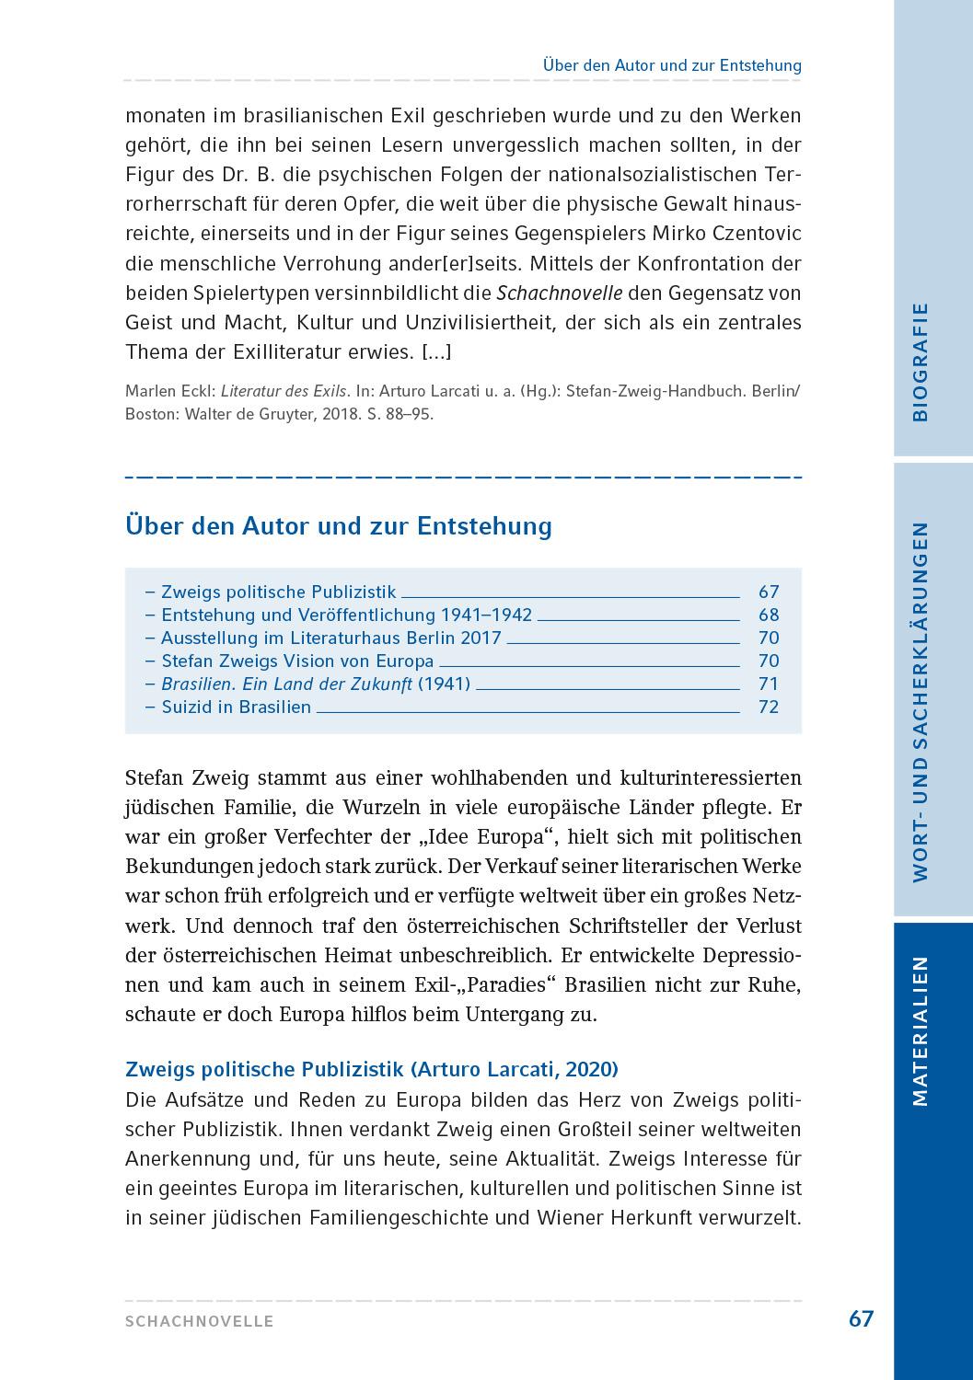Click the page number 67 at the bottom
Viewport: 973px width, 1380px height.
coord(860,1318)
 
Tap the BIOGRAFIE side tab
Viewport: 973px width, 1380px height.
coord(920,362)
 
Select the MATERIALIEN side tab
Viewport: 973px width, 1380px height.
coord(920,1030)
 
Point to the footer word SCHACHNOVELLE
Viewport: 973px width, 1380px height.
coord(200,1321)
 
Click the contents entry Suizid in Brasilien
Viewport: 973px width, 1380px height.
coord(236,707)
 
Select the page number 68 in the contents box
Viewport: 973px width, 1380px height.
coord(768,615)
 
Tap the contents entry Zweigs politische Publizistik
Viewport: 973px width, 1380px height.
coord(278,592)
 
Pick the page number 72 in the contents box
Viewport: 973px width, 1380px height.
coord(768,707)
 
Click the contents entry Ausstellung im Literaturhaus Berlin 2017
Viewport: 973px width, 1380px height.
coord(330,638)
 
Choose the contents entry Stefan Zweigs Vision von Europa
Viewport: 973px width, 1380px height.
coord(296,661)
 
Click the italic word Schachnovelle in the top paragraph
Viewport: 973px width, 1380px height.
coord(559,293)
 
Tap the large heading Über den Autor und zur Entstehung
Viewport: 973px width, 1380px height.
coord(338,526)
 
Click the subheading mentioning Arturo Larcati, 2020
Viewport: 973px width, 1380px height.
coord(371,1069)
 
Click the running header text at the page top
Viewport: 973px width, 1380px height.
coord(671,65)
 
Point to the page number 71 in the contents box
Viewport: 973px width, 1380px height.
coord(768,684)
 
